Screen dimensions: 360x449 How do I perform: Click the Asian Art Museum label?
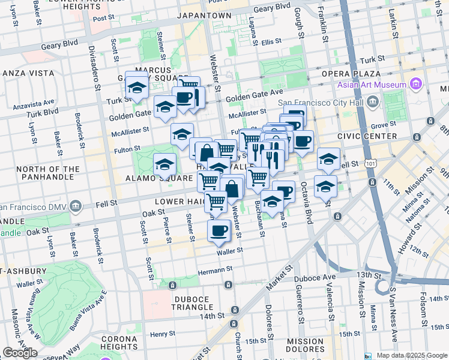[372, 85]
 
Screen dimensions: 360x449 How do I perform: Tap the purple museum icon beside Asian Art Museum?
[415, 84]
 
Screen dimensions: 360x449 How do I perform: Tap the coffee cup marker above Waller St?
[219, 231]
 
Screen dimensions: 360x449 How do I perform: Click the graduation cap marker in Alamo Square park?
[164, 164]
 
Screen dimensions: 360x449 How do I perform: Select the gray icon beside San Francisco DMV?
[76, 207]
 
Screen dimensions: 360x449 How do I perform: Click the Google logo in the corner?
[20, 352]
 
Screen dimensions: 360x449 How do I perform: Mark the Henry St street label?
[162, 334]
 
